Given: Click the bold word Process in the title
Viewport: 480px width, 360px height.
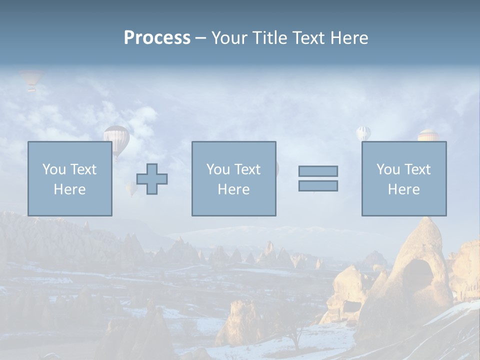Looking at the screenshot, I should click(157, 38).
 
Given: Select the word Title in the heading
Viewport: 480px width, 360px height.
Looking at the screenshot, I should click(269, 38).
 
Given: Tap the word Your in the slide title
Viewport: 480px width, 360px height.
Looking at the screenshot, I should click(230, 38).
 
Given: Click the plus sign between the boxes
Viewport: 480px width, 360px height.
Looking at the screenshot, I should click(152, 179).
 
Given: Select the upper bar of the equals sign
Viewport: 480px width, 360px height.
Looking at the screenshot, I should click(318, 171).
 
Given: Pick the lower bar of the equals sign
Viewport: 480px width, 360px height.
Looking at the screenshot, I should click(318, 185).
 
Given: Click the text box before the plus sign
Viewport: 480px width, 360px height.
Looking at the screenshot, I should click(69, 178).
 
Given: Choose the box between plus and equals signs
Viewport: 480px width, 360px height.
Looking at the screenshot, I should click(233, 178).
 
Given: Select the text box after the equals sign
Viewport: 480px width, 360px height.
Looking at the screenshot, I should click(403, 178).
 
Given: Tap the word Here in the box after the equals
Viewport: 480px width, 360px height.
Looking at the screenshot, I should click(403, 189).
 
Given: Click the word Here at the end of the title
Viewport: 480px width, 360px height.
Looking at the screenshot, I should click(350, 38).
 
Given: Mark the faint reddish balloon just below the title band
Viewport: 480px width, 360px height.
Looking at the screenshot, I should click(31, 79).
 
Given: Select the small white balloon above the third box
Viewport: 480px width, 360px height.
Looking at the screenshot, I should click(363, 133).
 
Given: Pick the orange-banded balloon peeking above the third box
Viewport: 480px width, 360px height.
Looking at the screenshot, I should click(428, 135).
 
